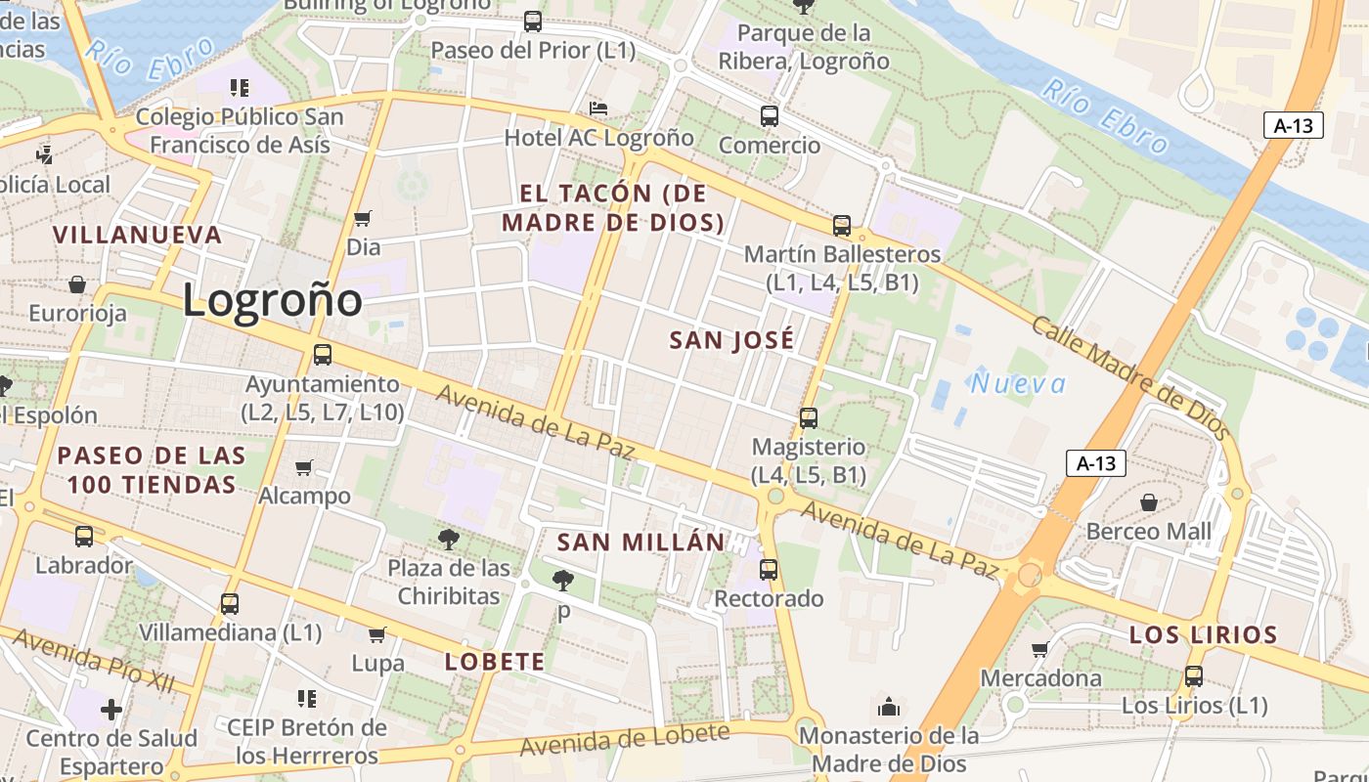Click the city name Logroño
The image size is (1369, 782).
point(272,300)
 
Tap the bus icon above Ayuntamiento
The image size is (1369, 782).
point(322,355)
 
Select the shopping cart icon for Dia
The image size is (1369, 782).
point(363,218)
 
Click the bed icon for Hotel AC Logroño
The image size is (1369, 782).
point(598,108)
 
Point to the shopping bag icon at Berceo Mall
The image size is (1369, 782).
point(1149,502)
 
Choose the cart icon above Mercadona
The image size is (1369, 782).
point(1040,649)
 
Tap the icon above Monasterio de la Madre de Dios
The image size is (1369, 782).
point(889,706)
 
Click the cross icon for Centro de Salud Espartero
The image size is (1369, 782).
point(111,709)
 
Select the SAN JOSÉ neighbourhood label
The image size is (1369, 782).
point(731,340)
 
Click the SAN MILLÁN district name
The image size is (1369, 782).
point(641,543)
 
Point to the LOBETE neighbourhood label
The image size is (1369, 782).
point(495,662)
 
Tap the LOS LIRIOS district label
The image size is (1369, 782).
point(1203,635)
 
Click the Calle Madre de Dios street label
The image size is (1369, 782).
point(1130,376)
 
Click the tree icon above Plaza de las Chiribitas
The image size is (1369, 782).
point(449,539)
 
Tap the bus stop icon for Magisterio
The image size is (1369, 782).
point(808,418)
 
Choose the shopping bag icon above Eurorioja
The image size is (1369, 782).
point(77,285)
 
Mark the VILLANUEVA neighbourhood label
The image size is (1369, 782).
point(138,235)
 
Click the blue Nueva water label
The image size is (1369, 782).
point(1018,384)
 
